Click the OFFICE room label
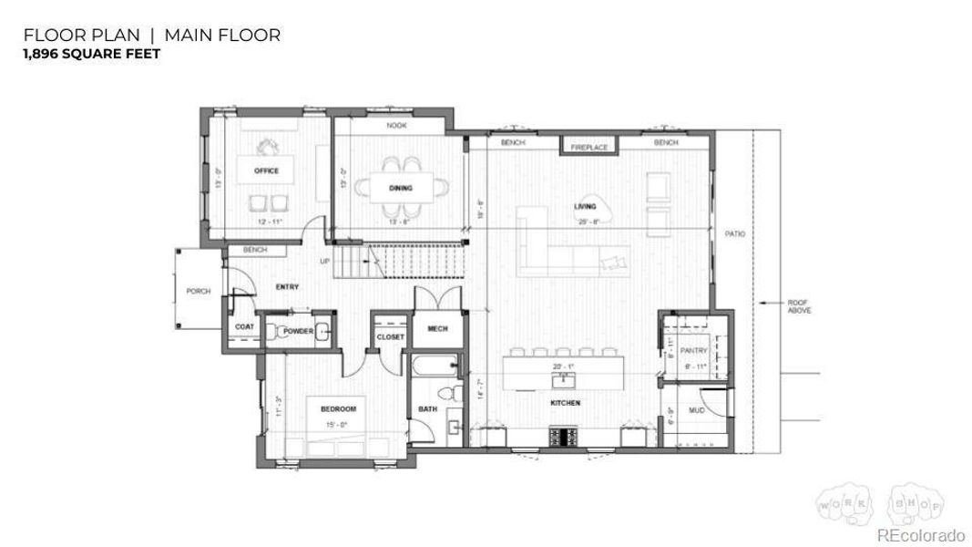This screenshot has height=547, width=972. point(267,170)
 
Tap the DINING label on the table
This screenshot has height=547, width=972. point(401,189)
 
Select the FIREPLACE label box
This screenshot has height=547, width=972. point(589,147)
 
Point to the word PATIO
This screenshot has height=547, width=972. point(735,234)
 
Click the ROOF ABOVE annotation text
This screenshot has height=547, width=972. point(799,307)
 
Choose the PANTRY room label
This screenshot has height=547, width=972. point(694,350)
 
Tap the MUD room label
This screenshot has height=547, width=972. point(697,411)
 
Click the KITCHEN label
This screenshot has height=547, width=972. point(565,402)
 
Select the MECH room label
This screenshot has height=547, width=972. point(437,329)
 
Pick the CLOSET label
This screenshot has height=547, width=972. point(390,337)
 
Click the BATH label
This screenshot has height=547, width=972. point(428,409)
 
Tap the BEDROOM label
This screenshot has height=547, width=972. point(337,409)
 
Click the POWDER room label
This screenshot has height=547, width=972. point(298,331)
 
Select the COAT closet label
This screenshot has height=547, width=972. point(244,326)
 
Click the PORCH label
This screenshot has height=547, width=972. point(199,292)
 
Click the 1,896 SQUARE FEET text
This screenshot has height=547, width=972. point(92,55)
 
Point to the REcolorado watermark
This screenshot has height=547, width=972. point(920,535)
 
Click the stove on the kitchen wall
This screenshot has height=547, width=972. point(562,437)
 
